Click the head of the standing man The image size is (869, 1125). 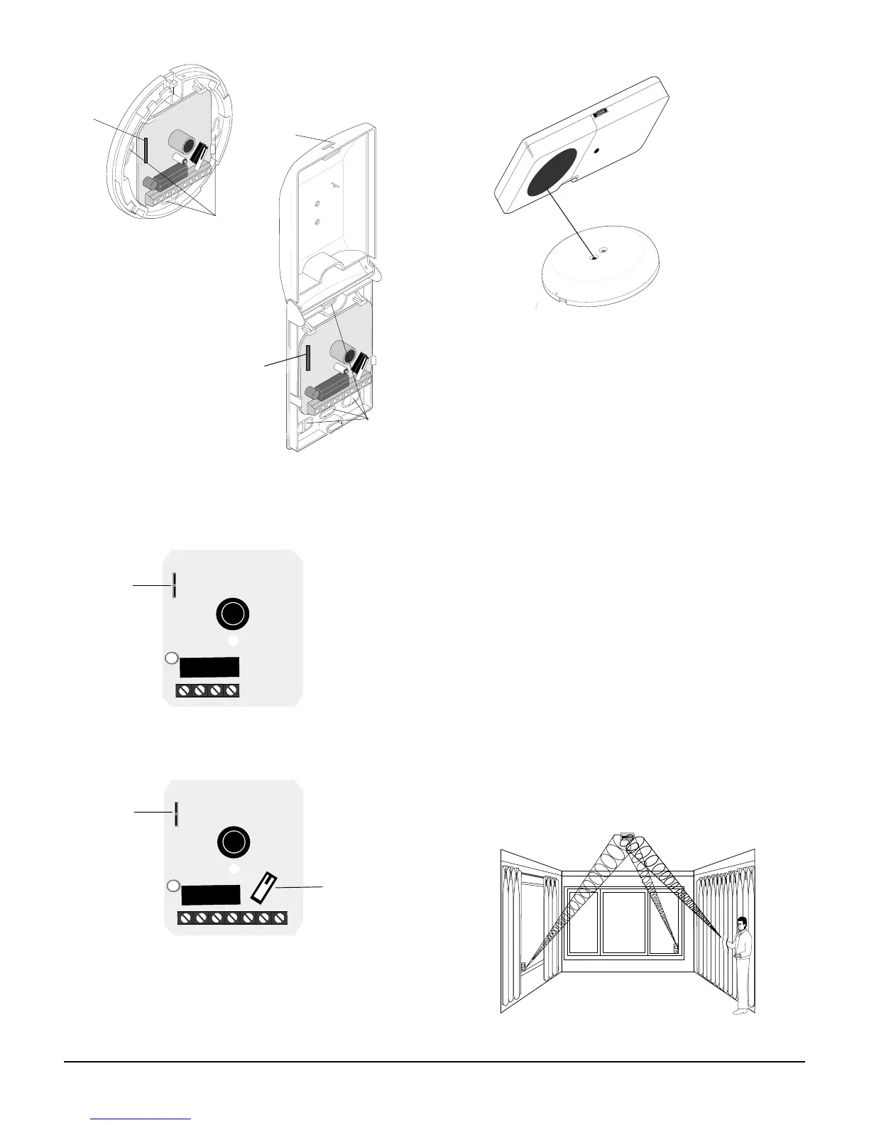tap(741, 923)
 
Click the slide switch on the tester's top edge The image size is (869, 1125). tap(601, 112)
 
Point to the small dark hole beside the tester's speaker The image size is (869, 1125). tap(596, 151)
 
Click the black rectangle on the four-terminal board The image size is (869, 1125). tap(209, 668)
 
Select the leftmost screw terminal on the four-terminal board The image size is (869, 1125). tap(185, 690)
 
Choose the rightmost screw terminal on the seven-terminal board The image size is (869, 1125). tap(279, 918)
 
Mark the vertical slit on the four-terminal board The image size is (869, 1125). tap(174, 585)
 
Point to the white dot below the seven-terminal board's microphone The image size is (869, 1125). tap(233, 868)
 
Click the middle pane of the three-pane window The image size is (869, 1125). tap(625, 920)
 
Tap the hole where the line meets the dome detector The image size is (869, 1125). tap(594, 258)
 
